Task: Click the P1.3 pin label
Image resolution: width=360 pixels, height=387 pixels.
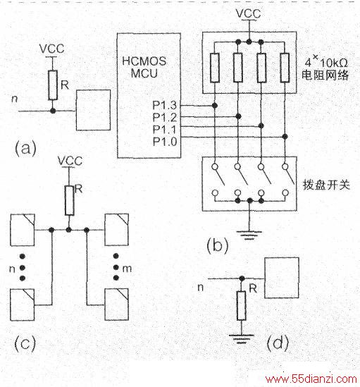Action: (165, 106)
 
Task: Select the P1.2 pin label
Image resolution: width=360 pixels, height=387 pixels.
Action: (165, 117)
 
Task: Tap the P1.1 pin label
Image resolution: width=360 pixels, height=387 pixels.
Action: (165, 129)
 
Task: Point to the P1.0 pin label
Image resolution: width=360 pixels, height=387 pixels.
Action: (165, 142)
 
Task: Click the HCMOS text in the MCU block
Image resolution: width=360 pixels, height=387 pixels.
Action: (144, 61)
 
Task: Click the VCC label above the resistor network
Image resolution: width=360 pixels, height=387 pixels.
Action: (248, 13)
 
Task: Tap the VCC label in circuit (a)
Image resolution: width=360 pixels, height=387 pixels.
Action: (52, 49)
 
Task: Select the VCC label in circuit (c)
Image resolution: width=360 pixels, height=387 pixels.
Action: (70, 161)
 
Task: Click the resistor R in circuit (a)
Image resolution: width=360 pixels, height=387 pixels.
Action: (53, 85)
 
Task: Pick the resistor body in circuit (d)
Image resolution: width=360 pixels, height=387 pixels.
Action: (242, 306)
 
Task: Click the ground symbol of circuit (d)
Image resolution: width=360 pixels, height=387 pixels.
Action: (242, 339)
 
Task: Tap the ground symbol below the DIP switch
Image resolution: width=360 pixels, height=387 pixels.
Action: (249, 235)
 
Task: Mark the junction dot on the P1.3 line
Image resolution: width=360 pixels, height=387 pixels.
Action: (215, 106)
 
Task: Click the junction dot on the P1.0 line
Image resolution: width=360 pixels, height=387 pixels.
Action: (285, 137)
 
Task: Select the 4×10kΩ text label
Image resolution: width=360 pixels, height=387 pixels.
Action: (326, 62)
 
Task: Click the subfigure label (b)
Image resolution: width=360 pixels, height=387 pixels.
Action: (218, 245)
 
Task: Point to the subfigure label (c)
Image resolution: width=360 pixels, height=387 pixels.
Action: (25, 343)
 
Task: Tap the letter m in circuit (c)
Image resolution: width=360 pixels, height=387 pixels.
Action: (127, 269)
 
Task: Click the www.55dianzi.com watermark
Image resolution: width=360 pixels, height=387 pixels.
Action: (311, 379)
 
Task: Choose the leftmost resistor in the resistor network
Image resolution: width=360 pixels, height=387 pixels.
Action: (215, 68)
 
